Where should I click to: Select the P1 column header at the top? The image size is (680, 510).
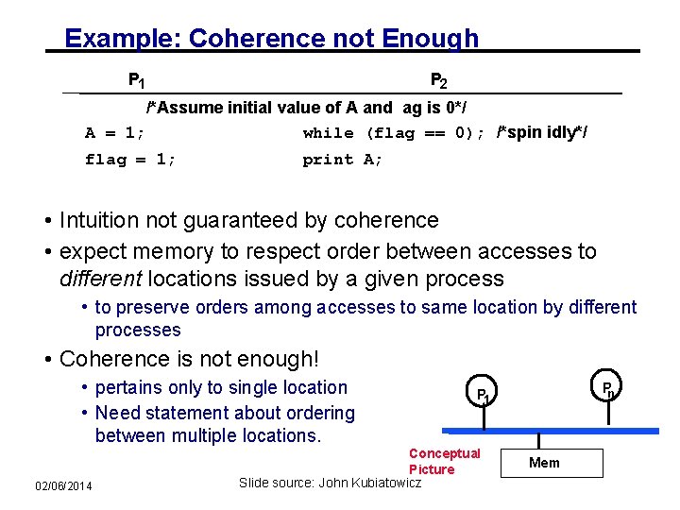click(x=136, y=80)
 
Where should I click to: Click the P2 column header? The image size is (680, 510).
click(x=438, y=80)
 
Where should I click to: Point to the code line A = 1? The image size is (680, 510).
click(x=114, y=133)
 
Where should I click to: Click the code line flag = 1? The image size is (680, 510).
click(x=130, y=160)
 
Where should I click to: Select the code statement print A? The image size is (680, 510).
click(x=343, y=160)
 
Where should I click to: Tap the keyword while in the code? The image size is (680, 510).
click(x=329, y=133)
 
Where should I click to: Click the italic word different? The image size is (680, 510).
click(x=100, y=280)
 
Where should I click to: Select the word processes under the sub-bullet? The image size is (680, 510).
click(x=138, y=331)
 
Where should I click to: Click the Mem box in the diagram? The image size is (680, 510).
click(x=545, y=463)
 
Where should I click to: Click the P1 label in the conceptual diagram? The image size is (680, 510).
click(x=482, y=394)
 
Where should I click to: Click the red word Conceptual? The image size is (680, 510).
click(x=444, y=453)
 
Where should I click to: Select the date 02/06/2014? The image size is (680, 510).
click(x=63, y=485)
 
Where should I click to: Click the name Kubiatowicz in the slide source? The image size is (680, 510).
click(x=378, y=484)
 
